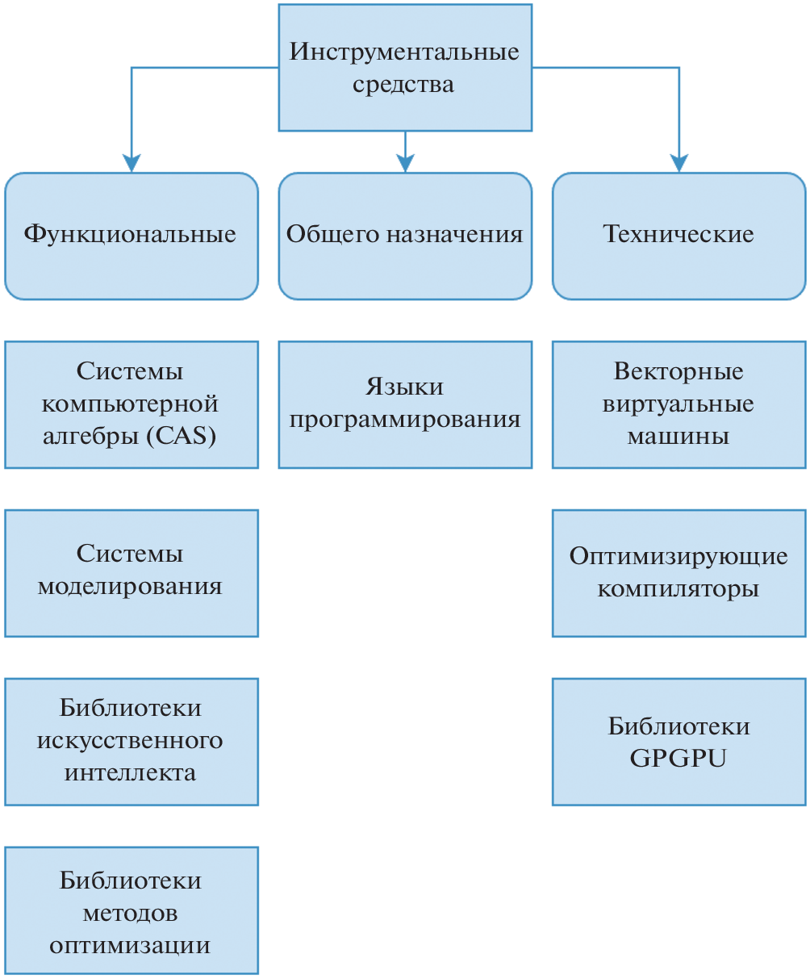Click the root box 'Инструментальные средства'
(x=404, y=68)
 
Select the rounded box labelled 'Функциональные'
(x=131, y=235)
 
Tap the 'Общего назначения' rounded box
(x=404, y=235)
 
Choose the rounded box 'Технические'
(x=678, y=235)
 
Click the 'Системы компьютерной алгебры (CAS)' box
(x=131, y=404)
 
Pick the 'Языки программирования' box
(x=404, y=404)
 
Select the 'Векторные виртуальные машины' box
(x=678, y=404)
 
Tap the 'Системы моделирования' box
(x=131, y=572)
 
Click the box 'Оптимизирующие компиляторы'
(x=678, y=572)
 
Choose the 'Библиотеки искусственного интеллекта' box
(x=131, y=741)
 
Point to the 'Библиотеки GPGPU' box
(x=678, y=741)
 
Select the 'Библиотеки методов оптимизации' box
(x=131, y=910)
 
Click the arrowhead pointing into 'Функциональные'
(x=132, y=164)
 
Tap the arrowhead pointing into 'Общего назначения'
(x=405, y=164)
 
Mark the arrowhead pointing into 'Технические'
(x=679, y=164)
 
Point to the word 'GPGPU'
(x=678, y=759)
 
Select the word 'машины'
(x=678, y=437)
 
